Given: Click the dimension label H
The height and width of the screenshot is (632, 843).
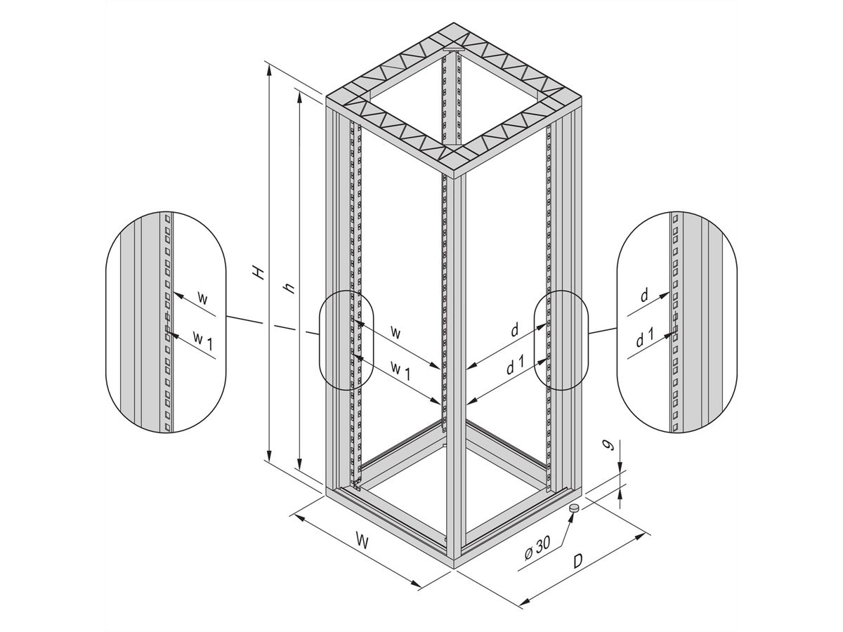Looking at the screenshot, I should (261, 272).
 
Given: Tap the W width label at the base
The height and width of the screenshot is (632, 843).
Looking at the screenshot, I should (362, 541).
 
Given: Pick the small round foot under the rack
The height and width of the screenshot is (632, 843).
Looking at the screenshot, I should (574, 508).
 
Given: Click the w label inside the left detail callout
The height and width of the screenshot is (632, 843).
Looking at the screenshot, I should (203, 298).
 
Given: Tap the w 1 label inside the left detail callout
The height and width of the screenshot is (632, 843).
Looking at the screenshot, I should (204, 338).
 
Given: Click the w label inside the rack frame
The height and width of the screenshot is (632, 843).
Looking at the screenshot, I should (396, 333).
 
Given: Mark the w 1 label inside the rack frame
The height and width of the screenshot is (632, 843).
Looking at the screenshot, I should (400, 368).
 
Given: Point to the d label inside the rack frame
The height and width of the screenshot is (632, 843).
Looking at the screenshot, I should (514, 330).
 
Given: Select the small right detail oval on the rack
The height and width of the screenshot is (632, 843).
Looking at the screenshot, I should (560, 340).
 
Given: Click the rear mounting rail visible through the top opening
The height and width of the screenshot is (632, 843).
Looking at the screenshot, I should (451, 98).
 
